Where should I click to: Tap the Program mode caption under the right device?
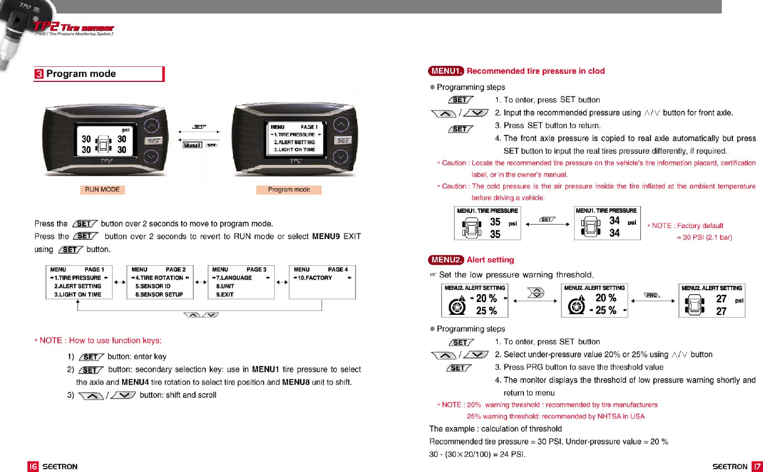coord(289,190)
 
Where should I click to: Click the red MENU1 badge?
coord(446,71)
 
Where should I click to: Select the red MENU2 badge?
coord(446,260)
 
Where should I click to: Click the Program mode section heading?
coord(81,74)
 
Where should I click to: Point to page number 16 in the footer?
coord(33,466)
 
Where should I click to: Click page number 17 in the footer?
coord(756,466)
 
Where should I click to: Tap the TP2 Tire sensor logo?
coord(74,28)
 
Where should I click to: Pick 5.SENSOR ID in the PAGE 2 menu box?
coord(153,286)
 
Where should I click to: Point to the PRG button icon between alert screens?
coord(652,295)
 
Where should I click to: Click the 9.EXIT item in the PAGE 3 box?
coord(225,294)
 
